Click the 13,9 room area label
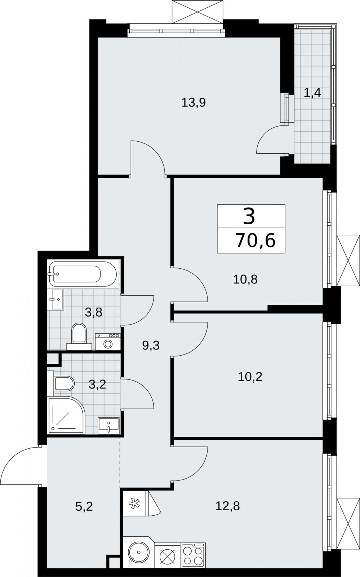coord(194,103)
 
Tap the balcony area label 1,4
coord(312,93)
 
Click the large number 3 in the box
coord(249,216)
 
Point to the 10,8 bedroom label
coord(245,279)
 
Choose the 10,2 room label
coord(250,377)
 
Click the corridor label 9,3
coord(151,345)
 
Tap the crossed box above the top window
coord(197,12)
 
